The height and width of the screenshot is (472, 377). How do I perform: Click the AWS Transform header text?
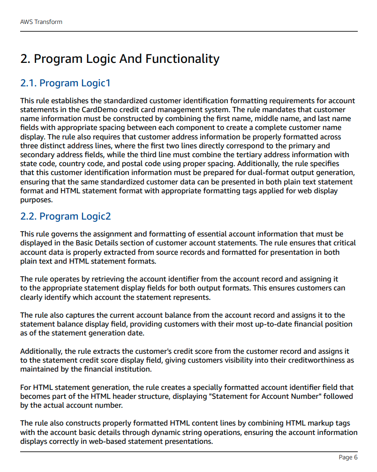[x=41, y=22]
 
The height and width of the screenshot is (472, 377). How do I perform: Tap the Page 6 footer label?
[x=348, y=457]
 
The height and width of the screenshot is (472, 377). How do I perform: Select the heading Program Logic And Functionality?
[x=120, y=59]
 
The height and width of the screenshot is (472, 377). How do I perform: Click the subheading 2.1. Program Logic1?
[x=65, y=83]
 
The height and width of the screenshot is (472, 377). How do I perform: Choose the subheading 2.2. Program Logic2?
[x=65, y=216]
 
